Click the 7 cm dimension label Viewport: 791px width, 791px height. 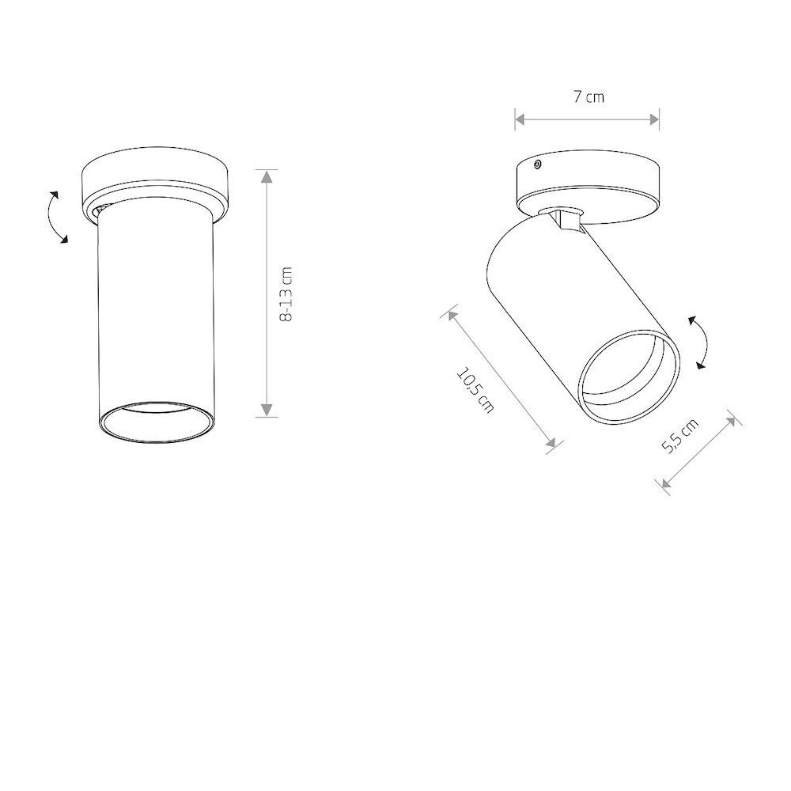click(x=589, y=97)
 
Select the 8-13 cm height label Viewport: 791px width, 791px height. click(x=285, y=294)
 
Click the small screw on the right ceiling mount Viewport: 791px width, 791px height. click(x=538, y=164)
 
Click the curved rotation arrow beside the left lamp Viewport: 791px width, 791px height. click(x=56, y=217)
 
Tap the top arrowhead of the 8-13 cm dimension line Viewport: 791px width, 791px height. click(x=267, y=176)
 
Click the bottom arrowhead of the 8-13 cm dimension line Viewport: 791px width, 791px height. click(x=267, y=410)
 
